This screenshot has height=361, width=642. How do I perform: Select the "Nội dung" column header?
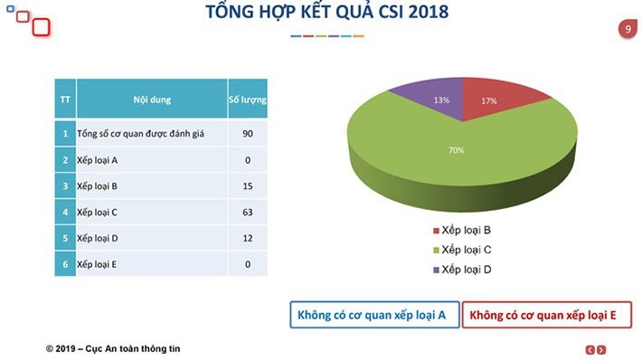click(x=151, y=100)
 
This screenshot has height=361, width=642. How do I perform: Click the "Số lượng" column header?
click(x=247, y=100)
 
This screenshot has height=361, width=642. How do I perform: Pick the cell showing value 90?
click(x=247, y=134)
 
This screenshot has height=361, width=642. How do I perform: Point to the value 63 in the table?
click(x=247, y=213)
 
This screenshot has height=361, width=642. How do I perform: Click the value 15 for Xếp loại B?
click(x=247, y=186)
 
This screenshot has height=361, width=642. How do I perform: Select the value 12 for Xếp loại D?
click(x=247, y=238)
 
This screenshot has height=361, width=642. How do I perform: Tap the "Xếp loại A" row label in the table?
click(x=100, y=160)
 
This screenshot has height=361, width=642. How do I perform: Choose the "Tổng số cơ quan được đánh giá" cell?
click(x=141, y=134)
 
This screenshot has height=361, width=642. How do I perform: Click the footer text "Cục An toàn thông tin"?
click(x=142, y=348)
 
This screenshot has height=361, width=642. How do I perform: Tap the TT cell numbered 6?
click(x=65, y=264)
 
